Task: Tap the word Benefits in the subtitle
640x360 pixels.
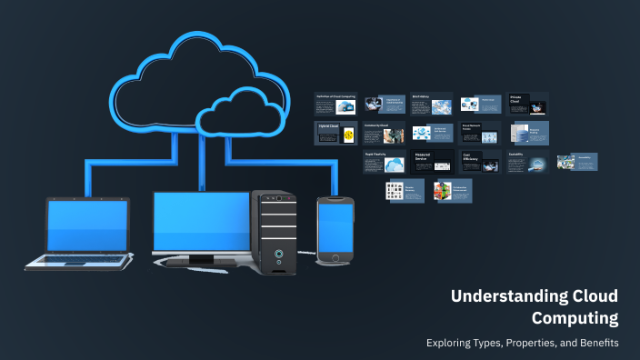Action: pos(595,343)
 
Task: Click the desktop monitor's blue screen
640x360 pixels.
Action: pos(201,221)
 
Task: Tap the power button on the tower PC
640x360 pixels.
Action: pos(279,253)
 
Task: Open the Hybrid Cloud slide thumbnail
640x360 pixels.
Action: pos(335,133)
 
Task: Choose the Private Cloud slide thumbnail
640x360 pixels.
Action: pos(528,103)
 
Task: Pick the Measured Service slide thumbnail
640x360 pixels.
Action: pos(432,162)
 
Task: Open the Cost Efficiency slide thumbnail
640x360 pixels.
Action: pos(480,162)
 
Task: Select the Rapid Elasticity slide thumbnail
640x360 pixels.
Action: pos(383,162)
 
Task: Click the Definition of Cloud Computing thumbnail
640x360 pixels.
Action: pos(335,103)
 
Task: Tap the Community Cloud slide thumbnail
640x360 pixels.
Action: pos(383,133)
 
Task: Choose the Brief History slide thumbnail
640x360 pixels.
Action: pos(432,103)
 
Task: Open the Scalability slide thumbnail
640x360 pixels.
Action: pos(528,162)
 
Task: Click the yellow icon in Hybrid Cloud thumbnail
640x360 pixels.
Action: pos(348,135)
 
